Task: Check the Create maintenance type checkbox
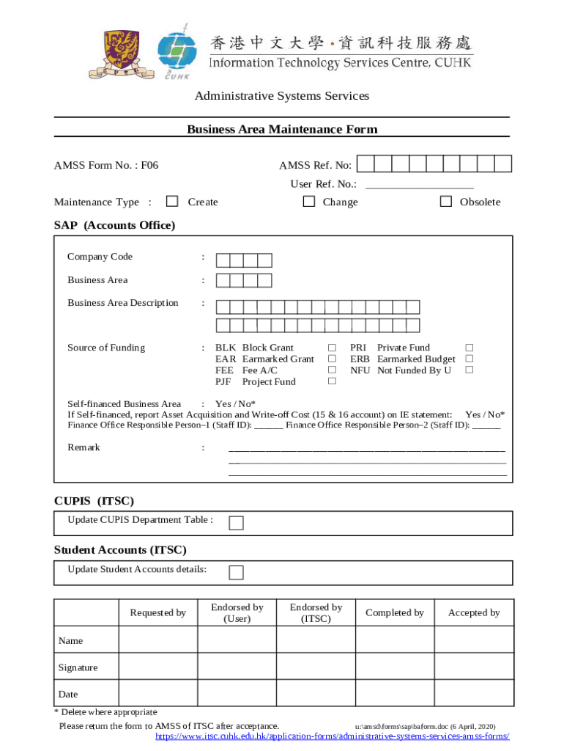(172, 202)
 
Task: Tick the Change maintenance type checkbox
(310, 202)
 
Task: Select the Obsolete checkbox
(446, 202)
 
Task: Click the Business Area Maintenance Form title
(282, 130)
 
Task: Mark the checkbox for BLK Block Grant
(332, 348)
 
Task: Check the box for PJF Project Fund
(332, 381)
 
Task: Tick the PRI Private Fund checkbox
(470, 348)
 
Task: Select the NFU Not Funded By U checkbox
(470, 370)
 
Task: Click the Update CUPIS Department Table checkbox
(236, 523)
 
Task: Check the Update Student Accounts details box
(236, 572)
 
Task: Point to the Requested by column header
(158, 612)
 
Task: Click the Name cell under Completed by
(394, 640)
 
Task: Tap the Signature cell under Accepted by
(474, 667)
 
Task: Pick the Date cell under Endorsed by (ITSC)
(316, 694)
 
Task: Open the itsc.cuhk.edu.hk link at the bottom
(333, 736)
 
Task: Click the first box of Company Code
(223, 260)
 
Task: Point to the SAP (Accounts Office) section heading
(115, 226)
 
